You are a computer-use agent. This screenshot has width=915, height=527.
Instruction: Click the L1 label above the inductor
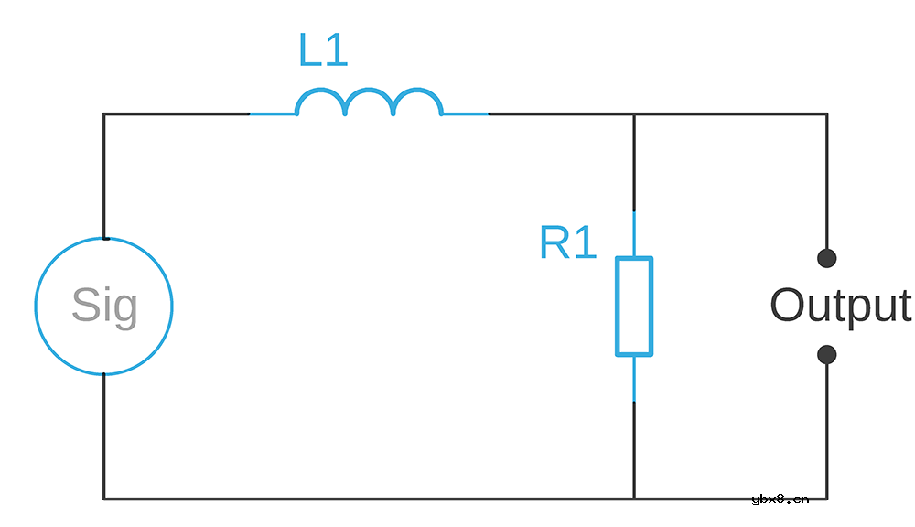tap(323, 49)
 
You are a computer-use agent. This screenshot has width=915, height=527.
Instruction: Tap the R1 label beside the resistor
tap(568, 242)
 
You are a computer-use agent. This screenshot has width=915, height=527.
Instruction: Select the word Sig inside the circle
tap(105, 306)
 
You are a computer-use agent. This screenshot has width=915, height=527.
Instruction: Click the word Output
tap(841, 305)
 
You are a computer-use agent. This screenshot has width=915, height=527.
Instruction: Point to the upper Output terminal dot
tap(827, 258)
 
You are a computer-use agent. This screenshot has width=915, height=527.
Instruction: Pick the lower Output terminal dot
tap(827, 354)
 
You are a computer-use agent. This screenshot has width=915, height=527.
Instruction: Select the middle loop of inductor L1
tap(370, 90)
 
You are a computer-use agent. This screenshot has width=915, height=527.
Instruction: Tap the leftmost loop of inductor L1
tap(321, 90)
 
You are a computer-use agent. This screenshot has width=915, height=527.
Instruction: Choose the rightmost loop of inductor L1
tap(418, 90)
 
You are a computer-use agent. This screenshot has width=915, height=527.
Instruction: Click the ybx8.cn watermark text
tap(780, 499)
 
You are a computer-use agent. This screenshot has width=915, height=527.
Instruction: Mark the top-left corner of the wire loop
tap(104, 113)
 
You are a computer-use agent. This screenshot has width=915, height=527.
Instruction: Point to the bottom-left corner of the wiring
tap(104, 499)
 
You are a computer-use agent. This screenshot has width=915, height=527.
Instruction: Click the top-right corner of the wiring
tap(827, 113)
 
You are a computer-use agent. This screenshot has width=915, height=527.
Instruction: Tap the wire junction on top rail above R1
tap(634, 113)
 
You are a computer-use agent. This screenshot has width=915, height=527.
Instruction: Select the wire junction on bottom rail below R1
tap(634, 499)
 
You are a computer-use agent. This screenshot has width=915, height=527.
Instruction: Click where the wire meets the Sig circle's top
tap(104, 238)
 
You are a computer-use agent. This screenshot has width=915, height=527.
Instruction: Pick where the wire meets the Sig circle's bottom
tap(104, 374)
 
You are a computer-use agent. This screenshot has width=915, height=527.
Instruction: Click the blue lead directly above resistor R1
tap(634, 233)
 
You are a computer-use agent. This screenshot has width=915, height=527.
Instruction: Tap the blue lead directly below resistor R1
tap(634, 378)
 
